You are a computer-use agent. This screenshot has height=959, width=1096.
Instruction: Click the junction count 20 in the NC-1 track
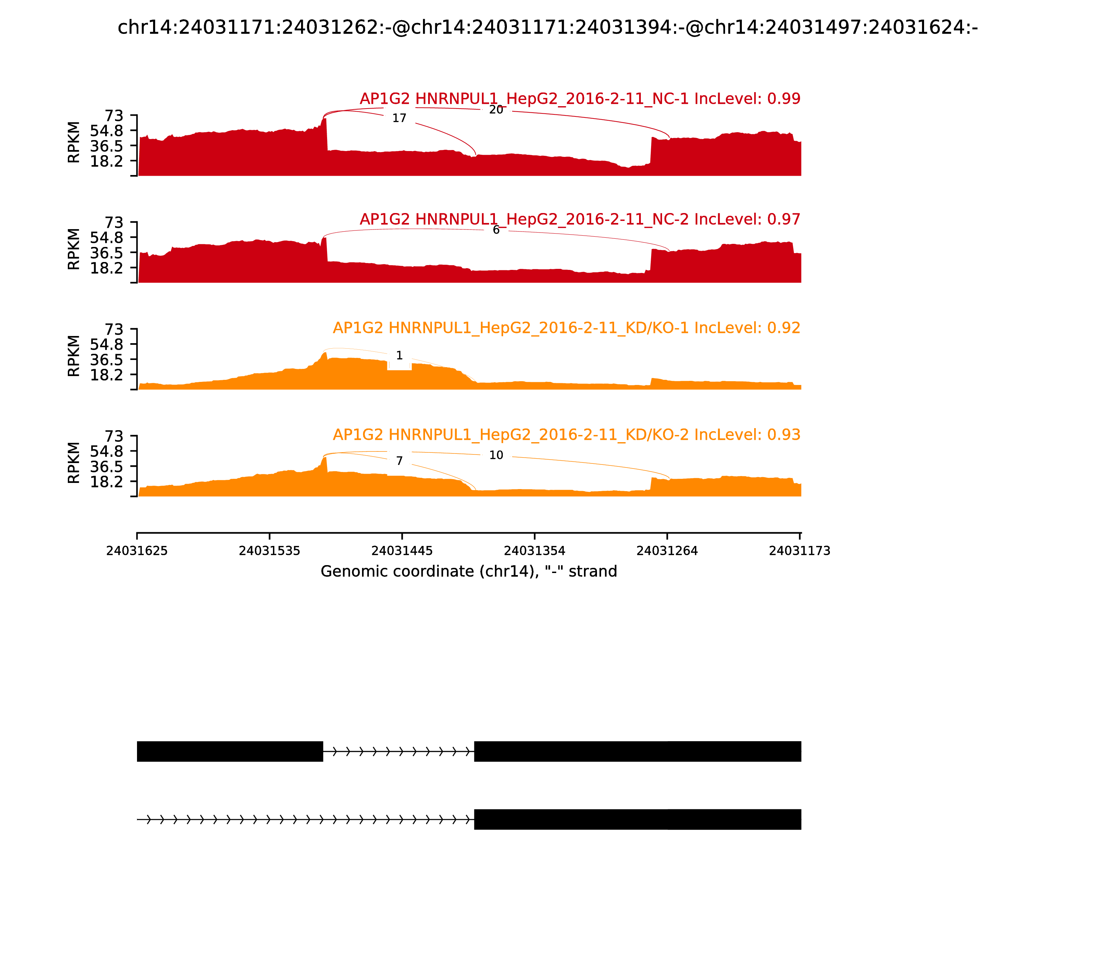point(496,110)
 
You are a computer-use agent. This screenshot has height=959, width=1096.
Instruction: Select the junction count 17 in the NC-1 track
point(399,118)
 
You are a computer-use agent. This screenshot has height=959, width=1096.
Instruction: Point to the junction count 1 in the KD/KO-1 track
point(399,356)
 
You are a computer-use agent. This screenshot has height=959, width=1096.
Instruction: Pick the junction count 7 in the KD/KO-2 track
point(399,461)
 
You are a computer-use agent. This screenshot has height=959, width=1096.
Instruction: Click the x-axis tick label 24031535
point(269,551)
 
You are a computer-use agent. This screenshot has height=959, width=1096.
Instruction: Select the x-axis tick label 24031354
point(535,551)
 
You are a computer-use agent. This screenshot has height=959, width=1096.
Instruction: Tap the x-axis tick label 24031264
point(667,551)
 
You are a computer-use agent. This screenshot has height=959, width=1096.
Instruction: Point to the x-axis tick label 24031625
point(137,551)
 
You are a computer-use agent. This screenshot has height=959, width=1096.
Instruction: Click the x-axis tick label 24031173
point(799,551)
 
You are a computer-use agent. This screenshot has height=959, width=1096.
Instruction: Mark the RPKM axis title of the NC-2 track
point(74,249)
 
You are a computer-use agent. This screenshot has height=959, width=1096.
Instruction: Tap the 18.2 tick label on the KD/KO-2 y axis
point(107,482)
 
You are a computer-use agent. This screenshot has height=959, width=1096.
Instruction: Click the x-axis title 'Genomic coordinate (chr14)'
point(469,572)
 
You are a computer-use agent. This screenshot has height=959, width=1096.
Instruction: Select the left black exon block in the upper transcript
point(230,751)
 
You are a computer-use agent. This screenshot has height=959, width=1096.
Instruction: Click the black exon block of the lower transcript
point(637,819)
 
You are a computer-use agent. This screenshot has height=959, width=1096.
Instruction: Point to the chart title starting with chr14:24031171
point(547,27)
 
